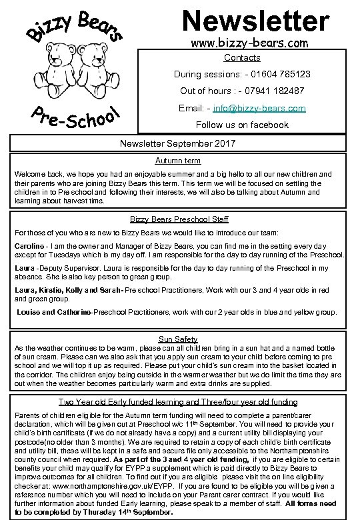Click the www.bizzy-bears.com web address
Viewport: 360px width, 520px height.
[x=251, y=45]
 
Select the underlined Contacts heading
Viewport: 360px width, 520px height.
[x=242, y=58]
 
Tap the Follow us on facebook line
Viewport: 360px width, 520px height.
[x=242, y=125]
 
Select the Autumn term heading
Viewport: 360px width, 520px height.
[x=178, y=161]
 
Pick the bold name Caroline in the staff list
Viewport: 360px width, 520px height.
[x=29, y=246]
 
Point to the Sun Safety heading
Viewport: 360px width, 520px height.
[x=178, y=339]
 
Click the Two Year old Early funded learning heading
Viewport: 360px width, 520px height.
[x=177, y=402]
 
